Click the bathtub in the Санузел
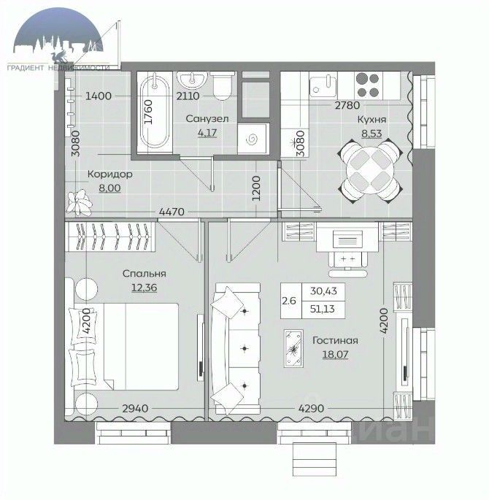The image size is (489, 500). (x=155, y=112)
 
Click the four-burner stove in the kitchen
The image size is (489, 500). (x=368, y=85)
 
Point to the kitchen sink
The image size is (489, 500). (x=323, y=86)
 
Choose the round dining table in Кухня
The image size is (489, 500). (x=370, y=172)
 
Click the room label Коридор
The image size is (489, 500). (x=110, y=174)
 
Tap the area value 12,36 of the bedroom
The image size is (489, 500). (x=144, y=288)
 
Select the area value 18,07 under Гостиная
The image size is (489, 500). (x=335, y=354)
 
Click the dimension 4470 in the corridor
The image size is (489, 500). (x=172, y=212)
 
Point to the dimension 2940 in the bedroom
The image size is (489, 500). (x=135, y=409)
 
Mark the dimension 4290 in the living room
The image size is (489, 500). (x=311, y=409)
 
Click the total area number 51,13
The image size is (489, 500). (x=323, y=309)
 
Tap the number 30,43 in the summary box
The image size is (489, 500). (x=323, y=291)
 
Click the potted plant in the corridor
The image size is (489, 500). (x=80, y=203)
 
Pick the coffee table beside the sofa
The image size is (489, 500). (x=293, y=348)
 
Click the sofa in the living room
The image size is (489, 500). (x=236, y=348)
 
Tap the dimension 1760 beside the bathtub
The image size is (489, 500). (x=148, y=112)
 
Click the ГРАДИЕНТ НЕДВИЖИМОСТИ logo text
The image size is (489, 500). (x=58, y=68)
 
